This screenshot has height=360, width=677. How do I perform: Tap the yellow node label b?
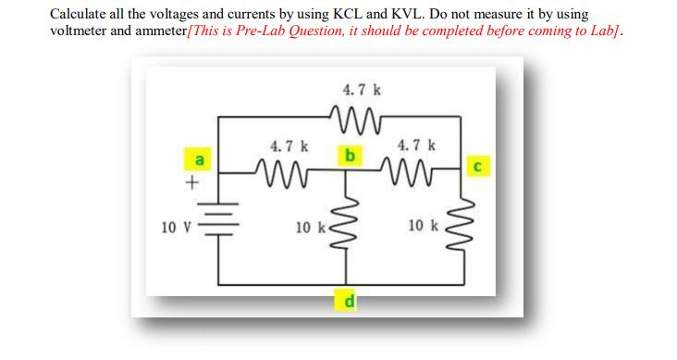350,155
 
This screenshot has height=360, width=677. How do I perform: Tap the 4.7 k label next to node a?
289,145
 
